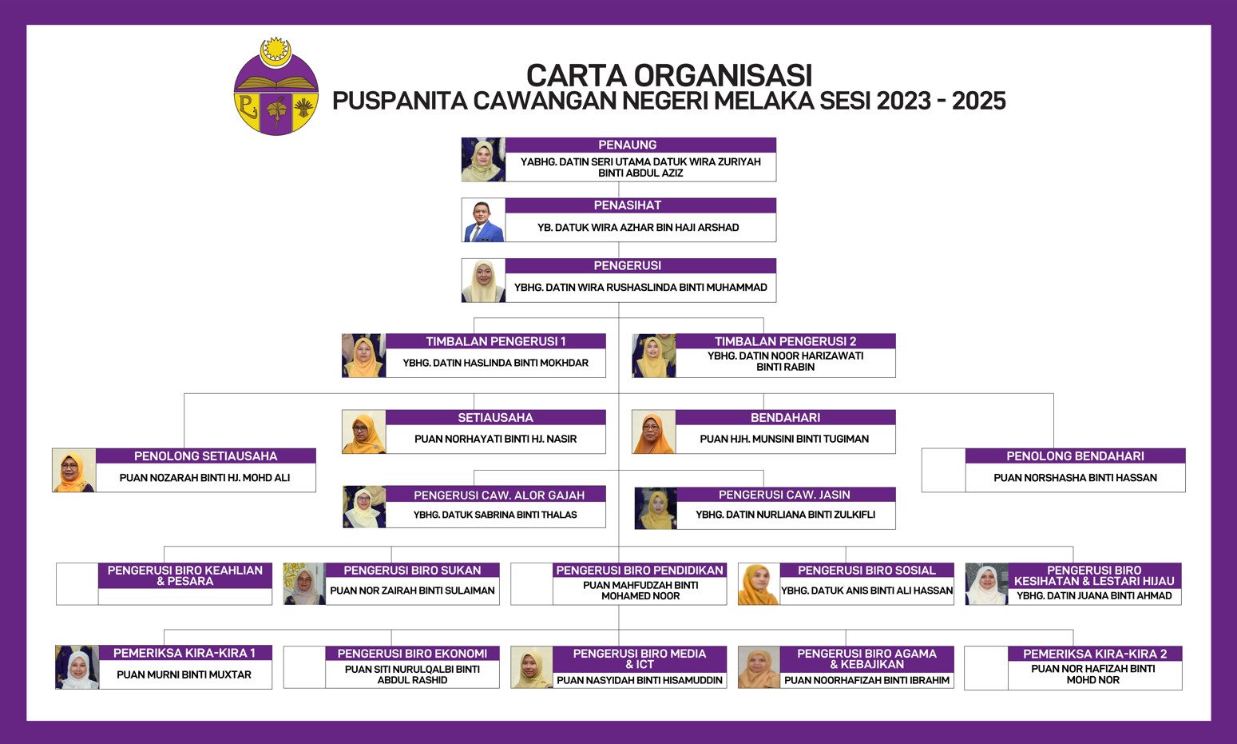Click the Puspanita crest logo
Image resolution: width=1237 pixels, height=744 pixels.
tap(276, 86)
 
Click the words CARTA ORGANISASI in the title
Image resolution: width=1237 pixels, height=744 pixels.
tap(668, 75)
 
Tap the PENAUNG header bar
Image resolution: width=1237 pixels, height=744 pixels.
tap(640, 145)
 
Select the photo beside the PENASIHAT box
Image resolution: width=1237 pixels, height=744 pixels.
tap(483, 220)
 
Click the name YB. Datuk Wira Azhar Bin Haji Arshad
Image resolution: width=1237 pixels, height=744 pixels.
tap(638, 227)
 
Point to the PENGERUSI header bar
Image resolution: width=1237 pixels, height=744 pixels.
tap(640, 266)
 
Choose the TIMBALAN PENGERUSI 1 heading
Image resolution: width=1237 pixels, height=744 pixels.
tap(495, 341)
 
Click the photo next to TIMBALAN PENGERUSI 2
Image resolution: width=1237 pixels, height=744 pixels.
tap(654, 356)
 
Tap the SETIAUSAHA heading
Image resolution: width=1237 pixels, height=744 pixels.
tap(495, 417)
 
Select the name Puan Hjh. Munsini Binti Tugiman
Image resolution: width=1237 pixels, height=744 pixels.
tap(784, 439)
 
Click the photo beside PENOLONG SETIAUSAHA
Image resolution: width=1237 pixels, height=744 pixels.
tap(74, 470)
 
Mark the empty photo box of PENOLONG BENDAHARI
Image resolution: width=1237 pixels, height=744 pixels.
tap(944, 470)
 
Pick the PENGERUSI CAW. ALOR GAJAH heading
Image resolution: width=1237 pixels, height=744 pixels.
tap(499, 495)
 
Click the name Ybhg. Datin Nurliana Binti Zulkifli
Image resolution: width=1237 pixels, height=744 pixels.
tap(785, 515)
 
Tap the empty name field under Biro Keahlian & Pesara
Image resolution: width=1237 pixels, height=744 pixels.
tap(185, 596)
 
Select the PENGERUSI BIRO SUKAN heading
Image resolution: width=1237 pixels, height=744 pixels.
tap(412, 570)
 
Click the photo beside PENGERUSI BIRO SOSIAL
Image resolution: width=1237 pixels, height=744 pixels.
tap(759, 583)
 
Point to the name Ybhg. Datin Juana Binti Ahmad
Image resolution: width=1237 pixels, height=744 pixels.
tap(1094, 595)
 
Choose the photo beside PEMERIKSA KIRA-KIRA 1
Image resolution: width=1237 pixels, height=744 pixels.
tap(77, 667)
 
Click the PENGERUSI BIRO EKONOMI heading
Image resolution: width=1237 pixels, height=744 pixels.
tap(412, 654)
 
